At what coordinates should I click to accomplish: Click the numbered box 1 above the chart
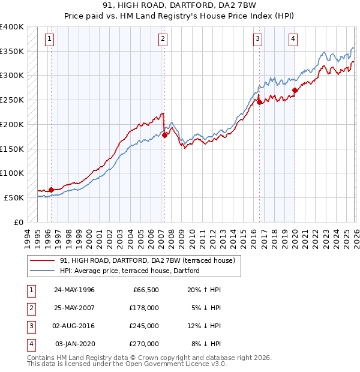pos(49,40)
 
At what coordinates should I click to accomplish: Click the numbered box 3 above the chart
pos(257,40)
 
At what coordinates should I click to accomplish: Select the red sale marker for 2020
pos(295,91)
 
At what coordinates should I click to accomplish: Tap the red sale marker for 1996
pos(51,190)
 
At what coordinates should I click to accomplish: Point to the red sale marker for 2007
pos(164,136)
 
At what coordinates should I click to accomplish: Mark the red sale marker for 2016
pos(260,103)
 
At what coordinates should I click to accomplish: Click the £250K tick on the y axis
pos(12,100)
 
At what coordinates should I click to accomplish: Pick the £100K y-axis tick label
pos(12,173)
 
